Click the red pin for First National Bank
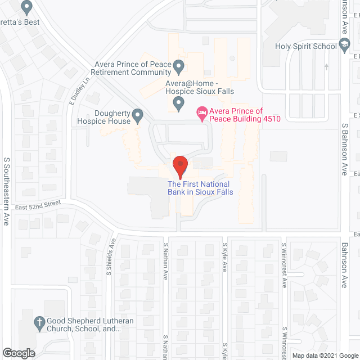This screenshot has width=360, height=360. point(179,166)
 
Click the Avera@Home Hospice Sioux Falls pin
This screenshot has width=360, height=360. point(178,103)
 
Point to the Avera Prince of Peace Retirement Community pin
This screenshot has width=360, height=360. point(178,67)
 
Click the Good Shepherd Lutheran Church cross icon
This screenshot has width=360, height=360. point(39,323)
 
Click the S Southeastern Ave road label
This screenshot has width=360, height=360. point(7,191)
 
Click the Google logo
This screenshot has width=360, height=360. point(18,353)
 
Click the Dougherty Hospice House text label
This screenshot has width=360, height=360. point(106,116)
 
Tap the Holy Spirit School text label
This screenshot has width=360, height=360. point(306,47)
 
